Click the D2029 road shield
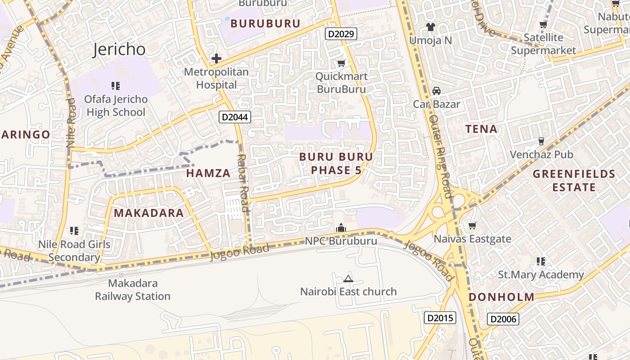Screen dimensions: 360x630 [341, 33]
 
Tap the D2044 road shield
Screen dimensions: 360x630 [235, 117]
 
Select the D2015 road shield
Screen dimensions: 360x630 [440, 318]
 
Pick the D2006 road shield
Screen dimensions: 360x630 [503, 319]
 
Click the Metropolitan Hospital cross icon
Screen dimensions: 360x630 [216, 58]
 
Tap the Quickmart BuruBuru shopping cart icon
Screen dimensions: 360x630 [342, 63]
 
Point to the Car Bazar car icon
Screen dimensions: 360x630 [436, 90]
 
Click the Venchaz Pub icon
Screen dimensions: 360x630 [541, 141]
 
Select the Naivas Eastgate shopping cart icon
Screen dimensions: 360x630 [472, 225]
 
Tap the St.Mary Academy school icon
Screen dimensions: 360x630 [541, 261]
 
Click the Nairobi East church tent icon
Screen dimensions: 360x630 [348, 279]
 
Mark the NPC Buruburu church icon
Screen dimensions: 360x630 [341, 228]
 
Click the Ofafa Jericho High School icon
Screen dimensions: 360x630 [116, 85]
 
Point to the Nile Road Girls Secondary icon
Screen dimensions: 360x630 [74, 231]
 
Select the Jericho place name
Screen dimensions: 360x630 [119, 49]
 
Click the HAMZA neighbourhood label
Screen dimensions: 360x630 [208, 173]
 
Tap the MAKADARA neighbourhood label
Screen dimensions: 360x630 [148, 213]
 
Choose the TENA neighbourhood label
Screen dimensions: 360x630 [481, 129]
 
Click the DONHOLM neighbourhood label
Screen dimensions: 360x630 [501, 297]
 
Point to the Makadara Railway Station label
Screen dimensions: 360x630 [132, 290]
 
